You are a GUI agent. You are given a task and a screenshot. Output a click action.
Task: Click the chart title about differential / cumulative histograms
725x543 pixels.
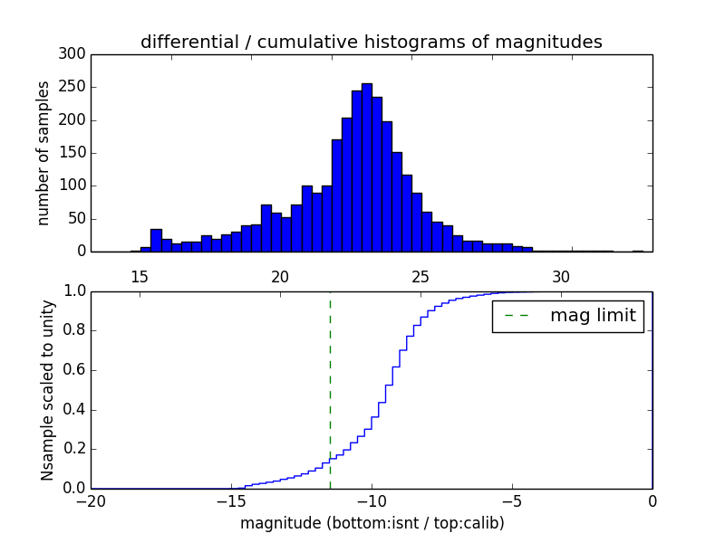click(x=372, y=42)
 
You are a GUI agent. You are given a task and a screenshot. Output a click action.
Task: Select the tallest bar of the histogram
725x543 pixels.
click(x=367, y=167)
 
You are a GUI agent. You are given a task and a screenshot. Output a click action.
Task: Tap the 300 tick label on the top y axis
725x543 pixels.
click(x=72, y=54)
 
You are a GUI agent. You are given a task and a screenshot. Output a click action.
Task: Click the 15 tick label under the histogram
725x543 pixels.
click(x=140, y=276)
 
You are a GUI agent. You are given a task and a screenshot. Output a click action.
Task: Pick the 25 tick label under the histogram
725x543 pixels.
click(x=421, y=276)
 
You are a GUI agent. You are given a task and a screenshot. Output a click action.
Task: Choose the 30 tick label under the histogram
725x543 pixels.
click(x=562, y=276)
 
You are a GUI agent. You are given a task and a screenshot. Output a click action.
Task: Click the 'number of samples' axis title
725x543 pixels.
click(x=43, y=152)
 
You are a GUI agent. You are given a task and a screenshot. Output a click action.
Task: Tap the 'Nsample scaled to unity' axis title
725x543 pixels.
click(x=47, y=389)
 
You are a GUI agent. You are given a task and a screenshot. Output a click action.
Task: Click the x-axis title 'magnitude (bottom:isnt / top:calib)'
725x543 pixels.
click(x=372, y=523)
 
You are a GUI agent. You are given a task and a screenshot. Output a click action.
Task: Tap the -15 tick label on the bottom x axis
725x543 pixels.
click(x=231, y=500)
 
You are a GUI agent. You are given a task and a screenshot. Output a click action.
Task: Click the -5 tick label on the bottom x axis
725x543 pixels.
click(x=512, y=500)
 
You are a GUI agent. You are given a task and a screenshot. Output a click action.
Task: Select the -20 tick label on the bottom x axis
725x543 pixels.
click(x=91, y=500)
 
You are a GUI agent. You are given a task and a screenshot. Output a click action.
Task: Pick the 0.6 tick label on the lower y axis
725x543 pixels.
click(x=72, y=370)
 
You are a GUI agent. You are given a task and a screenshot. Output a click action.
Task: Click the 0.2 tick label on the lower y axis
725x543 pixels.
click(x=72, y=449)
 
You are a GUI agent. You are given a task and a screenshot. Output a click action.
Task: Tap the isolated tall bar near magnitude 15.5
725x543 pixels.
click(x=156, y=240)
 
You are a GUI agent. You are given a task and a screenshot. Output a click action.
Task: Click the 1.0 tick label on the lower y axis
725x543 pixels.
click(x=72, y=291)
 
